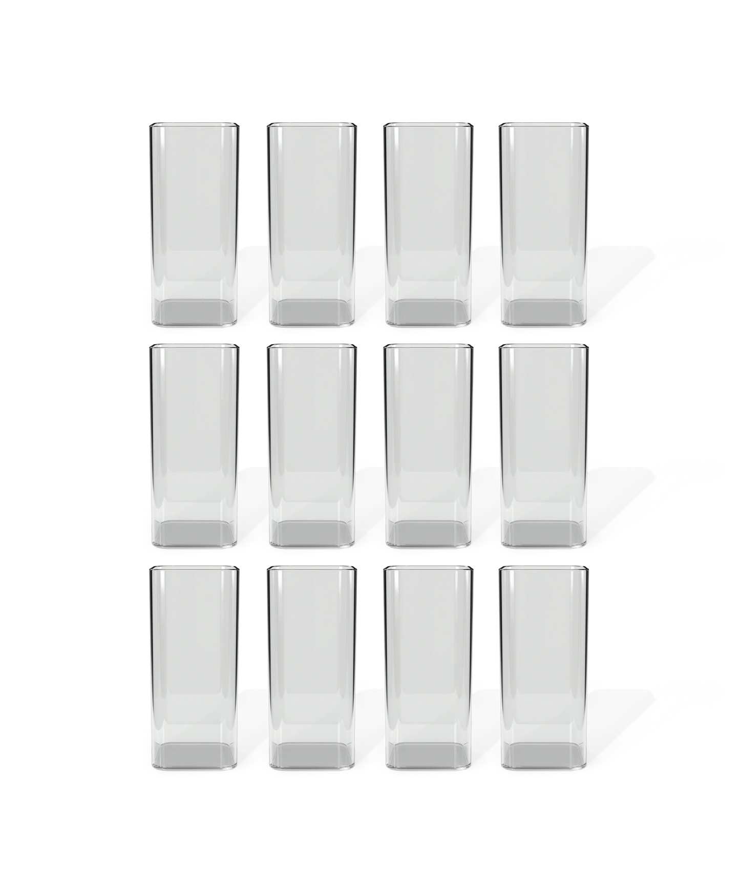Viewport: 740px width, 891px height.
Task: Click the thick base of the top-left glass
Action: click(194, 313)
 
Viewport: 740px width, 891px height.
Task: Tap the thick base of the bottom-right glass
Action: click(544, 758)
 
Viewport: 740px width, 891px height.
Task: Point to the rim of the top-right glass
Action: click(544, 124)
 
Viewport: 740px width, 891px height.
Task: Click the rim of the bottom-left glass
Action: click(194, 568)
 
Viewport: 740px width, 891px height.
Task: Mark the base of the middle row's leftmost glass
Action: click(194, 535)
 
